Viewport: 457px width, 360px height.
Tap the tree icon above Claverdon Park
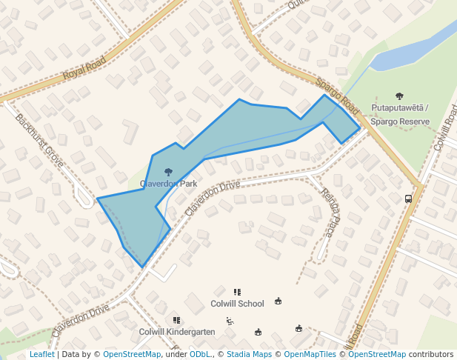[x=168, y=172]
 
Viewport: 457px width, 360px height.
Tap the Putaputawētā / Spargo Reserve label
[x=400, y=113]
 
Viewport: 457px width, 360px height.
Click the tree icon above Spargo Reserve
[x=400, y=96]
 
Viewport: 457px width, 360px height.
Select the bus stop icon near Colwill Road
[x=408, y=199]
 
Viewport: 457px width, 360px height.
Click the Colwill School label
[x=237, y=304]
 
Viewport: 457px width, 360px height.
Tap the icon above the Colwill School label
[x=237, y=293]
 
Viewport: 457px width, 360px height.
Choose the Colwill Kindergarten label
[x=177, y=332]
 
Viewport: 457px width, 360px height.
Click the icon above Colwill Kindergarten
[x=176, y=320]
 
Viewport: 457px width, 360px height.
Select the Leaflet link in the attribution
[x=41, y=355]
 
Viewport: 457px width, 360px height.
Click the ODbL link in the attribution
[x=199, y=355]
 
